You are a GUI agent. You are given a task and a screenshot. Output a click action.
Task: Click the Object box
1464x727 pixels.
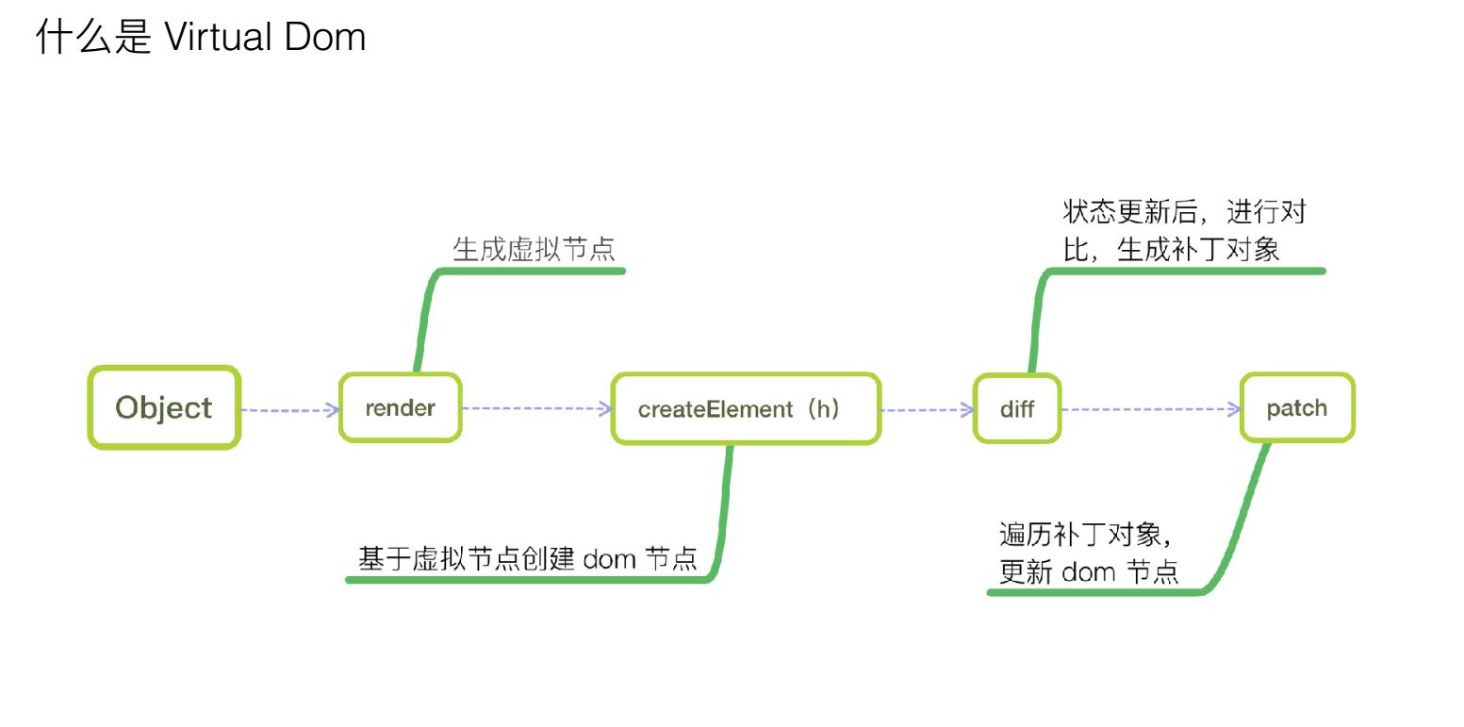click(164, 408)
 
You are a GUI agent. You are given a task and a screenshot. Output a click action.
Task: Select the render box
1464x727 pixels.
click(401, 408)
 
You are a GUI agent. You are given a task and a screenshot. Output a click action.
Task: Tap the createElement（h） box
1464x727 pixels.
click(746, 409)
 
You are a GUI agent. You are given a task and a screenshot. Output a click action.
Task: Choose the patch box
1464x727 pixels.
click(1297, 408)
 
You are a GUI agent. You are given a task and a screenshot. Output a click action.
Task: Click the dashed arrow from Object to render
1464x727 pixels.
click(289, 409)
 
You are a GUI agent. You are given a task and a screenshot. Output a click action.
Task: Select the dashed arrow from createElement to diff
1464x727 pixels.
click(927, 409)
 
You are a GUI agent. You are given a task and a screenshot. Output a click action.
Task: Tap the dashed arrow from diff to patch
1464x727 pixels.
click(1149, 409)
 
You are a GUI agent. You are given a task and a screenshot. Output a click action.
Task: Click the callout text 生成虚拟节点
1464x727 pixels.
click(535, 249)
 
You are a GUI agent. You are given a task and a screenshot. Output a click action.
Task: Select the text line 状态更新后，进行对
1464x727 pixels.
click(1184, 212)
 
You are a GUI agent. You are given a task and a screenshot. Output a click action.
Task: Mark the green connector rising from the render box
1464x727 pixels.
click(424, 321)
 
